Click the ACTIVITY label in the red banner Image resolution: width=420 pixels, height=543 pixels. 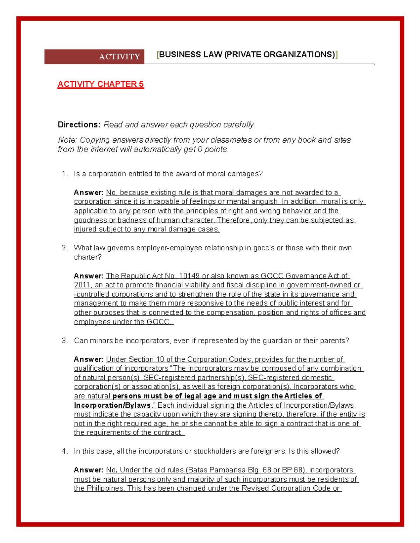click(x=119, y=57)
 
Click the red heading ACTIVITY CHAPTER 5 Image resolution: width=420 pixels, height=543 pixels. click(x=100, y=84)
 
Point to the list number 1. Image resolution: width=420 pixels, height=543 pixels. click(x=64, y=174)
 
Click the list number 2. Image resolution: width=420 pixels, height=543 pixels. click(x=64, y=248)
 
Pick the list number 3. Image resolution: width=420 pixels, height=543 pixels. click(x=64, y=341)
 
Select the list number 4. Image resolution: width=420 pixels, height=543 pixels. click(x=64, y=451)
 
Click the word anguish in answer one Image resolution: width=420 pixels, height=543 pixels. click(x=265, y=202)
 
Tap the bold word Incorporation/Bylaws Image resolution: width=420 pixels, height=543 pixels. click(x=112, y=405)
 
